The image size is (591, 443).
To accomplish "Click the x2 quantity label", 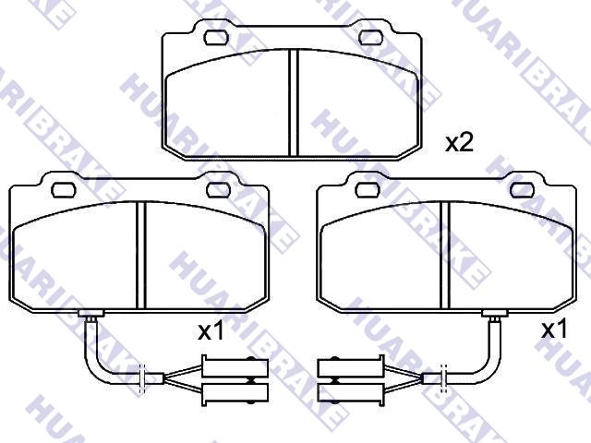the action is [459, 143].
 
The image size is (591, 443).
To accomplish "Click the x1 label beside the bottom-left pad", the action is [211, 331].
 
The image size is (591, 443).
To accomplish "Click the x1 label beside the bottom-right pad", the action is [554, 329].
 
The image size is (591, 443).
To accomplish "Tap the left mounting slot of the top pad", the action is [217, 37].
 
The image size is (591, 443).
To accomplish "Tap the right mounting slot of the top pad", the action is [371, 37].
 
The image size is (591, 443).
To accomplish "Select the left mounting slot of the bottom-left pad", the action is [64, 190].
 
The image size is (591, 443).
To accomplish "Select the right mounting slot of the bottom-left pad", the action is [218, 190].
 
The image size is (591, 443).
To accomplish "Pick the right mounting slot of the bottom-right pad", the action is [523, 190].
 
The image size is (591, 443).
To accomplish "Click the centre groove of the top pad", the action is [294, 102].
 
